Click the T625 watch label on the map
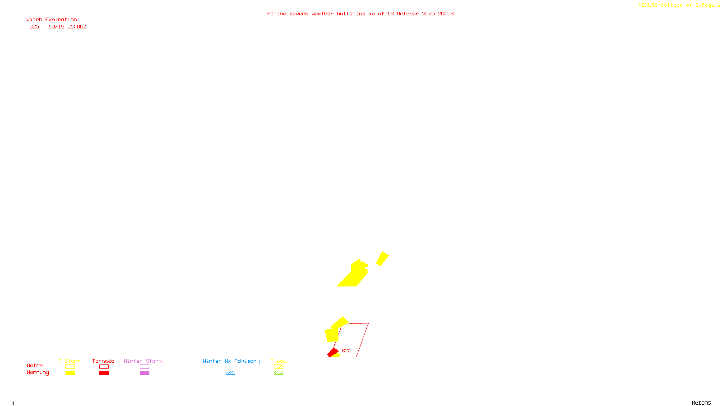pyautogui.click(x=345, y=351)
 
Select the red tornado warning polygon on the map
pyautogui.click(x=333, y=352)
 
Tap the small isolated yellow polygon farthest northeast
pyautogui.click(x=382, y=258)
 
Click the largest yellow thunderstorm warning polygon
pyautogui.click(x=355, y=275)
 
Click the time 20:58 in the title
pyautogui.click(x=445, y=14)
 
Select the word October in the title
pyautogui.click(x=407, y=14)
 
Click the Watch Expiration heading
pyautogui.click(x=51, y=19)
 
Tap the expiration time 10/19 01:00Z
pyautogui.click(x=67, y=27)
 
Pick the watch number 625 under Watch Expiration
pyautogui.click(x=34, y=27)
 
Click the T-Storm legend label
pyautogui.click(x=69, y=361)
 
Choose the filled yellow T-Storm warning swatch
pyautogui.click(x=70, y=373)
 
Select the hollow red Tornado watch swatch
pyautogui.click(x=104, y=367)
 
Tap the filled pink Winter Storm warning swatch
pyautogui.click(x=144, y=373)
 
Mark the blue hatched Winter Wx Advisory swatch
pyautogui.click(x=230, y=373)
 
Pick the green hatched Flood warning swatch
pyautogui.click(x=278, y=373)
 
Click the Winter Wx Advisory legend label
pyautogui.click(x=231, y=361)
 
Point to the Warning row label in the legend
pyautogui.click(x=37, y=373)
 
